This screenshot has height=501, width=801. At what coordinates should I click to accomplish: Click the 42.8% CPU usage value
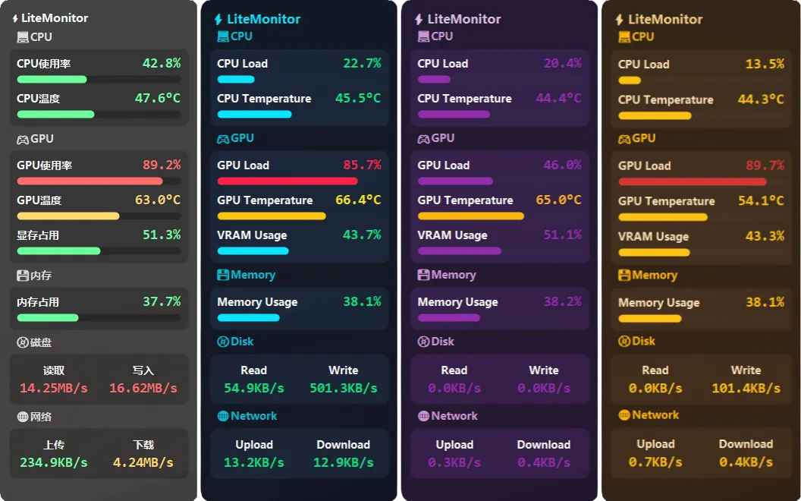162,64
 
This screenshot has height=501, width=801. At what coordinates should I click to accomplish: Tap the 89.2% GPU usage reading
162,165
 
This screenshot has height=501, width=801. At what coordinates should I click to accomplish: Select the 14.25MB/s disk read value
54,388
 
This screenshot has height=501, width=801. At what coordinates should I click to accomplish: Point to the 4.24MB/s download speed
143,462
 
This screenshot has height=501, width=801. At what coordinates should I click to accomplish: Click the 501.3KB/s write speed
344,388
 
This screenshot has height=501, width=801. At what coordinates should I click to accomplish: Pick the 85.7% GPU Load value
362,165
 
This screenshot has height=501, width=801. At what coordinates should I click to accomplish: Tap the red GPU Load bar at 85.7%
287,181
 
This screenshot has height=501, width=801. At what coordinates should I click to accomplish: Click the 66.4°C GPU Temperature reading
358,200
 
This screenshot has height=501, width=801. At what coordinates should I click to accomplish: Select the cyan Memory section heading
253,275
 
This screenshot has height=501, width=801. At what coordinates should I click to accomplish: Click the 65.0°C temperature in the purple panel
558,200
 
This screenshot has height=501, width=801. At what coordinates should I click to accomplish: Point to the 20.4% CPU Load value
562,64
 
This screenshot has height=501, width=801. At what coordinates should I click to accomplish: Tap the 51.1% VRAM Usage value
562,235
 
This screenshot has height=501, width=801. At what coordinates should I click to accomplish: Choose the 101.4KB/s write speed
746,388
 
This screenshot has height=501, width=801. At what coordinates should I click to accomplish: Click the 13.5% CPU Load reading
765,65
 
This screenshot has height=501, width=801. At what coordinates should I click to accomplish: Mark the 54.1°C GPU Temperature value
761,201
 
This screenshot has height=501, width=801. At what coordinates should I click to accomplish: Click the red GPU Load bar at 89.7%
692,182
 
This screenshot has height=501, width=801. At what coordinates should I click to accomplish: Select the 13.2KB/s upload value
254,462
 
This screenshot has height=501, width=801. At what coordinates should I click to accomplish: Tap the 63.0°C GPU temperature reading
158,200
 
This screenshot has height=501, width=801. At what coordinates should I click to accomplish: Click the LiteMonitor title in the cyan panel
263,20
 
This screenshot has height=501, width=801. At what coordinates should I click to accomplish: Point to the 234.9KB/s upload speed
54,462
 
